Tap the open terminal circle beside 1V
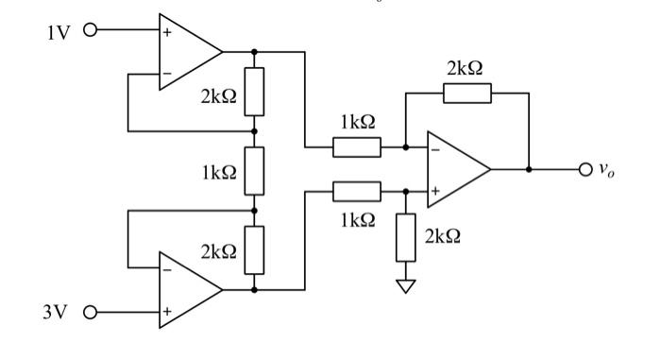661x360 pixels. point(91,30)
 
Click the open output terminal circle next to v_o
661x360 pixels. point(585,170)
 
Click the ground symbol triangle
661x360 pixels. point(407,285)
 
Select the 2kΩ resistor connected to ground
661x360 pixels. point(407,237)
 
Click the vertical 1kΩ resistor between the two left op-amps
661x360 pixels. point(254,171)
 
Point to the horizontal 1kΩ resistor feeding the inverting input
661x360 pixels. point(356,147)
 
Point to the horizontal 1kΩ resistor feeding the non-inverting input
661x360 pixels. point(356,193)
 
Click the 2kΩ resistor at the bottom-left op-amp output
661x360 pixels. point(254,250)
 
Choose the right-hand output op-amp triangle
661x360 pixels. point(455,170)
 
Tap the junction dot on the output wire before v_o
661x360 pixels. point(530,170)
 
